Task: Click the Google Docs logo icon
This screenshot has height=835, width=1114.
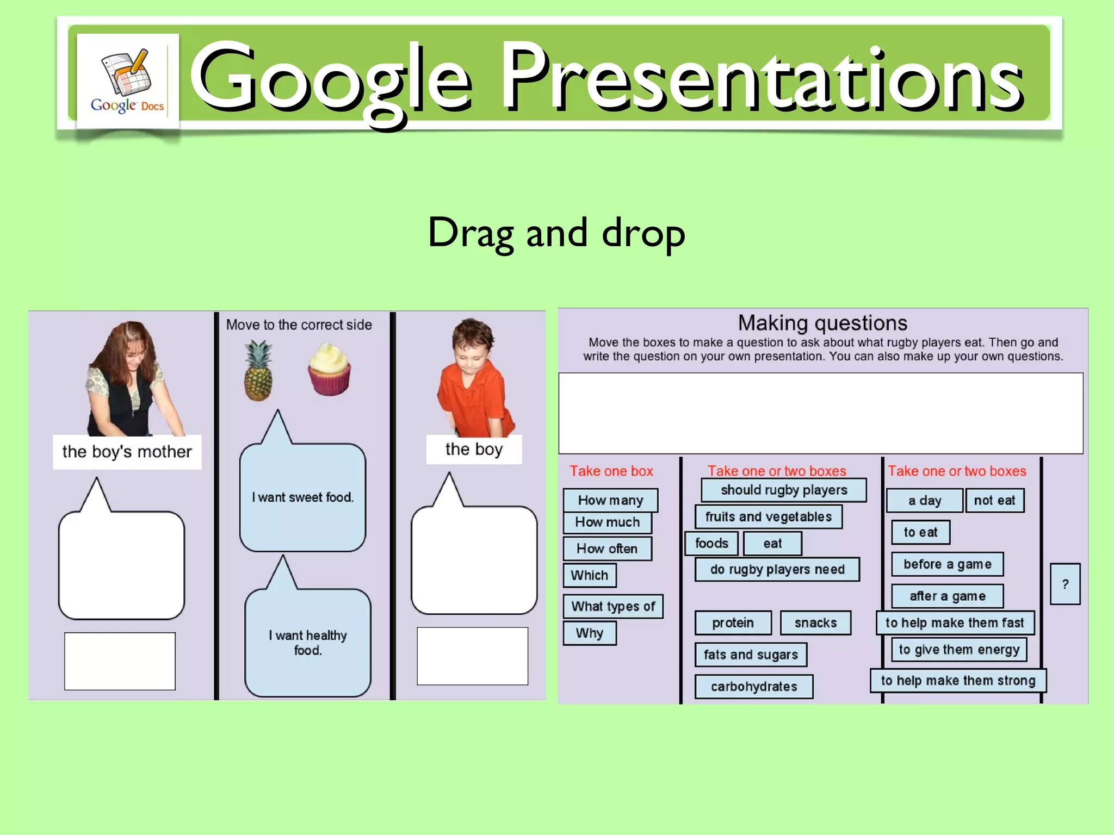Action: point(127,80)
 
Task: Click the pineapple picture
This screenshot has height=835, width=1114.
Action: point(258,371)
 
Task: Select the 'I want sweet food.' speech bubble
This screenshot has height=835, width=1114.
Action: point(302,497)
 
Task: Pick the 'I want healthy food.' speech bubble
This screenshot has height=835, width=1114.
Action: point(308,642)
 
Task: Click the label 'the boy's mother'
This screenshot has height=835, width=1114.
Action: point(127,452)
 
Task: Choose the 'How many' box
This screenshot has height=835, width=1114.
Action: point(610,500)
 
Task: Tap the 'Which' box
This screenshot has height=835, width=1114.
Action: point(590,575)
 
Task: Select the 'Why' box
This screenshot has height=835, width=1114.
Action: point(590,633)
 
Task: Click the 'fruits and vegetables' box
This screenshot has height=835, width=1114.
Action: point(769,516)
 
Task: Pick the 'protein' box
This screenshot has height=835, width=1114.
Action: point(733,623)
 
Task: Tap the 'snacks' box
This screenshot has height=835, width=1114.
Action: point(815,623)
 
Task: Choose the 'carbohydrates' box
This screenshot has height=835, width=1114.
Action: point(754,687)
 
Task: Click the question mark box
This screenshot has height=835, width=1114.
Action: point(1065,584)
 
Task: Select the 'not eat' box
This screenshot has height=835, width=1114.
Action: point(994,501)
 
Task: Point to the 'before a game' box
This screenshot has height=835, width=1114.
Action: point(947,564)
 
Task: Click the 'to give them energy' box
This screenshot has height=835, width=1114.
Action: point(959,650)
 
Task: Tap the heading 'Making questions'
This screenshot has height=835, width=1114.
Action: point(822,323)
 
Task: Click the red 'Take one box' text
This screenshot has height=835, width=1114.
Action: point(611,471)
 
